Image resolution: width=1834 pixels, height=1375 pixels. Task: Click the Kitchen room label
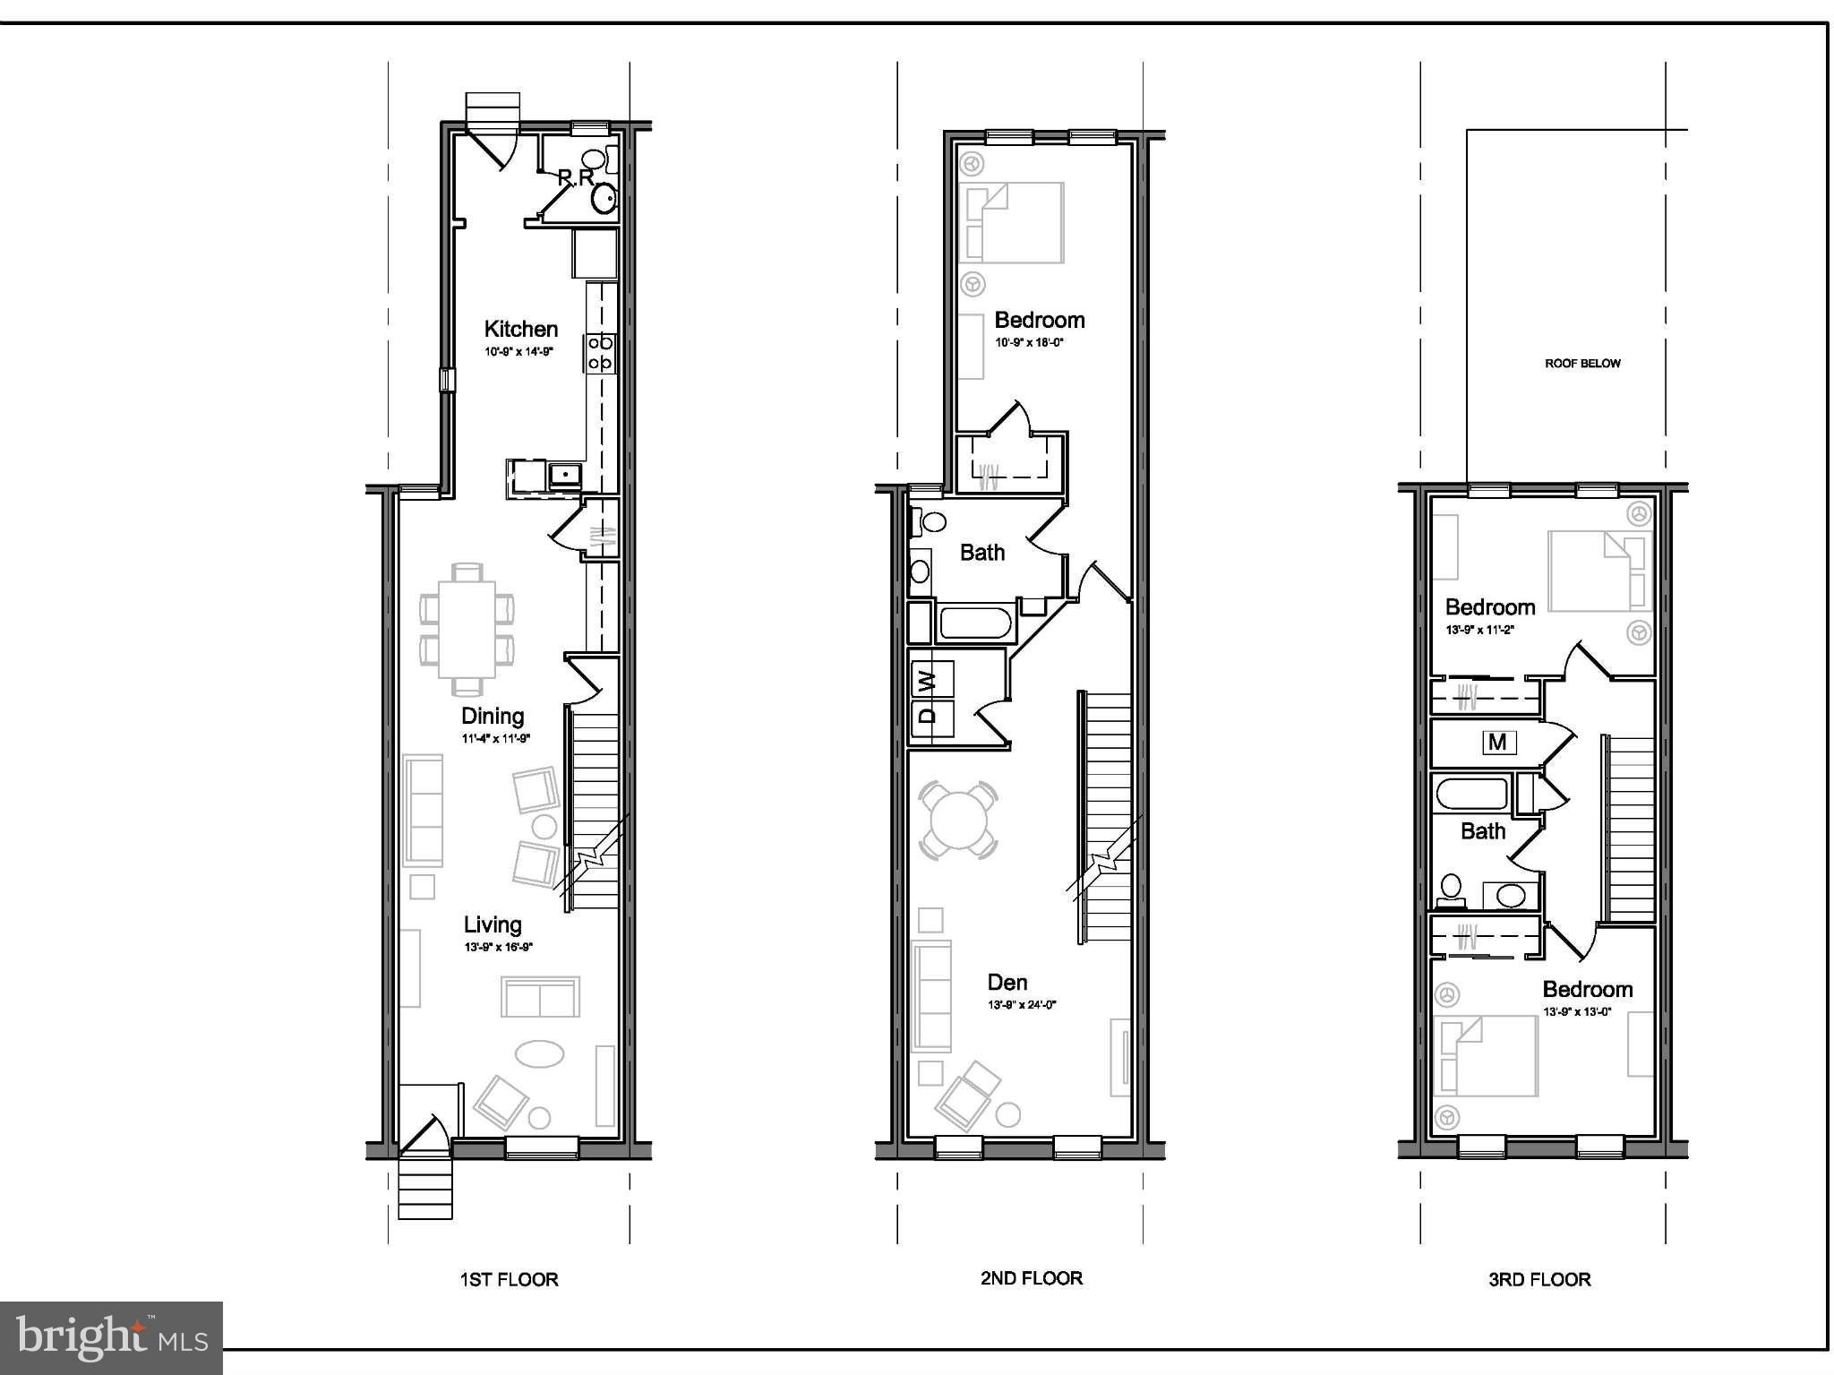520,329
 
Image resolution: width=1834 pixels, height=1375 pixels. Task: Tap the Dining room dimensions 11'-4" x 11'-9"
496,739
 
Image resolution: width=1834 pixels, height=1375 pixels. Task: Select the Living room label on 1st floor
492,924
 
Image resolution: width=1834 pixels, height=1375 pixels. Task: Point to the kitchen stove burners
600,352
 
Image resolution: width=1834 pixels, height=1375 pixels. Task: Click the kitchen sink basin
566,474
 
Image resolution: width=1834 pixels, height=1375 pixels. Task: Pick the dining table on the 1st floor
467,629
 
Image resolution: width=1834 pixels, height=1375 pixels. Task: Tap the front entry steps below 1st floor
425,1189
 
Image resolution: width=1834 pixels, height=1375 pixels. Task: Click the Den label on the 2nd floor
1007,982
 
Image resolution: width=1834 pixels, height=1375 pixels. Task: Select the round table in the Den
958,821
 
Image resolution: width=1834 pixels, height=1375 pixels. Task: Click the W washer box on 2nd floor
931,679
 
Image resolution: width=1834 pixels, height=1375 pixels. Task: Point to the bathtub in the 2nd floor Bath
975,623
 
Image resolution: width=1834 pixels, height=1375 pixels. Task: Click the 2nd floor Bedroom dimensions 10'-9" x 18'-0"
1028,342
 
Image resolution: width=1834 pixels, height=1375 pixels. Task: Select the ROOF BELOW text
1582,363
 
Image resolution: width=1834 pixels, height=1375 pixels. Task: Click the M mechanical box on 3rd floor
1498,743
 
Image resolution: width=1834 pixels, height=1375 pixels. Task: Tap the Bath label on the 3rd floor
1482,831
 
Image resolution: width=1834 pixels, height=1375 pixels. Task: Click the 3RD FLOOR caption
1539,1279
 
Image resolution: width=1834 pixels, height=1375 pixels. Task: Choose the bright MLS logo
111,1337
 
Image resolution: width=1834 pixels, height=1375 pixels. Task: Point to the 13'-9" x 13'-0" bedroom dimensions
1576,1011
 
